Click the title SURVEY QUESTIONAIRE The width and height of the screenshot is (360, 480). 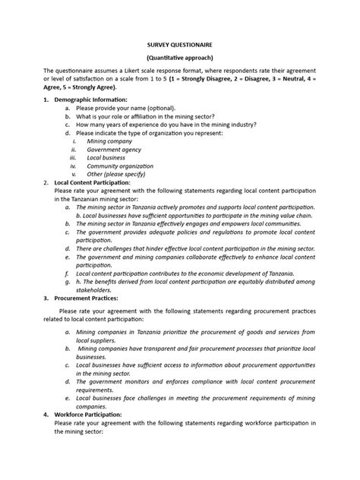click(179, 45)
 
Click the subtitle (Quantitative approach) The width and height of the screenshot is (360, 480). click(179, 58)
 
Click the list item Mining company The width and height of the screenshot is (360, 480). click(109, 141)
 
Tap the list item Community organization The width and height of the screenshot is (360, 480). click(120, 166)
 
